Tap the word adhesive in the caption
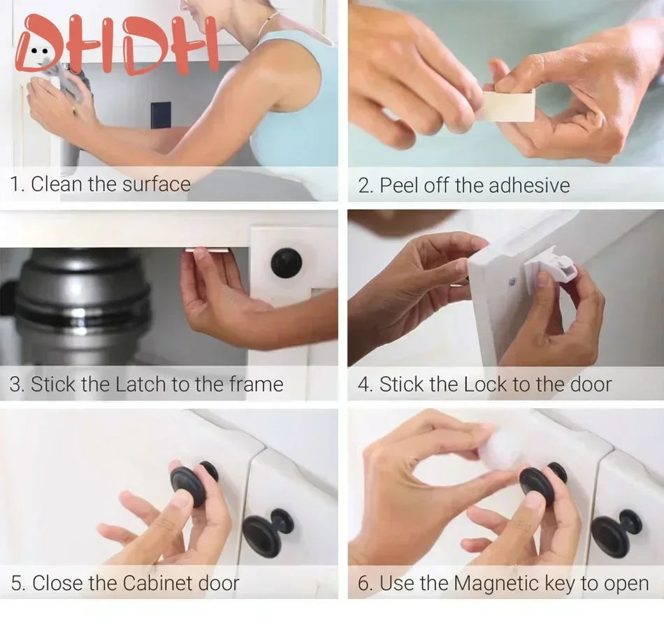(x=528, y=185)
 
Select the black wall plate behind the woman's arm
(x=161, y=115)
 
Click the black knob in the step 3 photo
(x=287, y=262)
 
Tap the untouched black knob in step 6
(x=616, y=532)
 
